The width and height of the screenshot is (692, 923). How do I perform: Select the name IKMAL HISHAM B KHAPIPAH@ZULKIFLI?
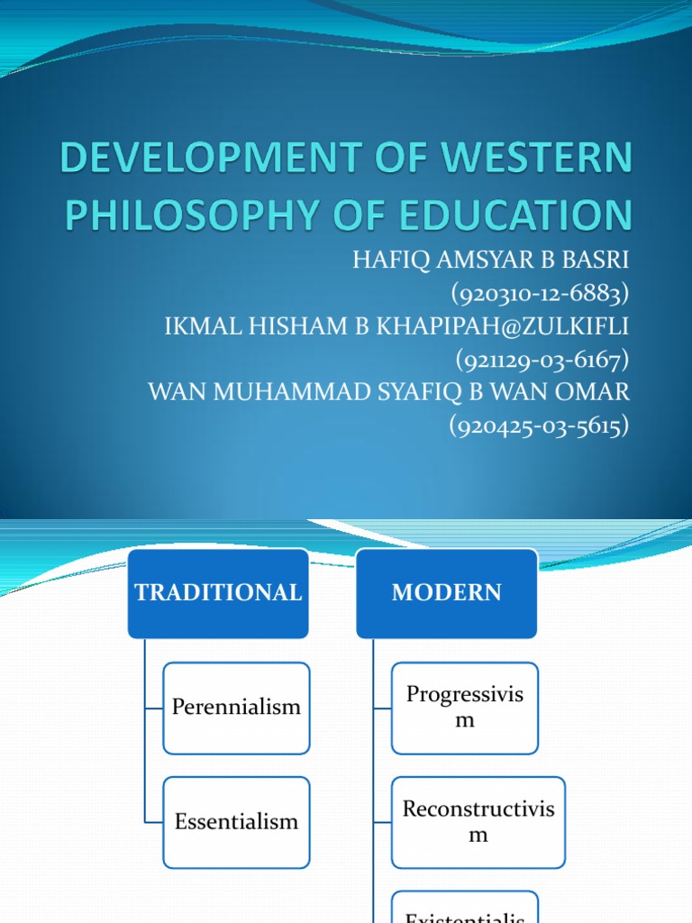click(396, 327)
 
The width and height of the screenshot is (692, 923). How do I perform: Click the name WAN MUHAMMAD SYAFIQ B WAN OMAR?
click(387, 394)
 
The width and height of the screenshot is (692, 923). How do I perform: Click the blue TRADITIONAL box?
click(218, 593)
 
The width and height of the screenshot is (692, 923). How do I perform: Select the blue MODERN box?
click(447, 593)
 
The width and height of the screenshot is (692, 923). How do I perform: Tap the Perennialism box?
click(236, 708)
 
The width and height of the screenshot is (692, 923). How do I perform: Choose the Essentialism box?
click(236, 821)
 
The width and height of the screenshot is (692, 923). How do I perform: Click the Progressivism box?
click(465, 708)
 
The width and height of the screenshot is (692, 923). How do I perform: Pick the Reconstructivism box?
click(478, 821)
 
